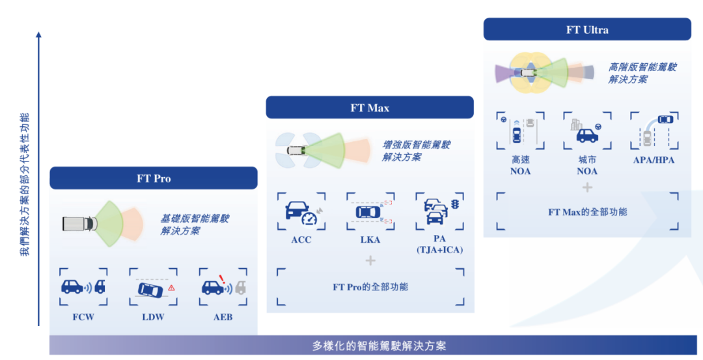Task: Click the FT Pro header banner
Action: point(154,178)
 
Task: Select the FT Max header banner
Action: point(370,107)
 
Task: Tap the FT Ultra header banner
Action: point(586,29)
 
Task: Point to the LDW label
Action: point(152,317)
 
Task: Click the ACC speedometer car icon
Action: point(301,212)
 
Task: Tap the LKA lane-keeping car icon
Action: point(370,212)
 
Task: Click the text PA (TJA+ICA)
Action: point(439,245)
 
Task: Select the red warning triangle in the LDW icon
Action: point(171,287)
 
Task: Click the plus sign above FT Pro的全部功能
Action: point(370,260)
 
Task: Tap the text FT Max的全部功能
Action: point(587,212)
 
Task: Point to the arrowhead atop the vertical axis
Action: point(38,35)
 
